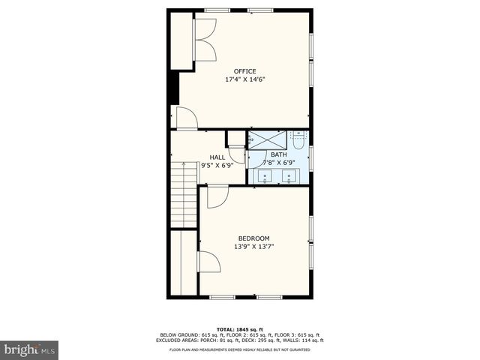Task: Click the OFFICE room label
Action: click(x=244, y=71)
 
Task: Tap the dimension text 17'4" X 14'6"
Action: click(x=244, y=79)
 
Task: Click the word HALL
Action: click(x=217, y=157)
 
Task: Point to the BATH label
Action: click(x=278, y=154)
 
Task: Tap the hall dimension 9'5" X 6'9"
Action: click(x=217, y=165)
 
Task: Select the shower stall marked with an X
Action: click(x=267, y=139)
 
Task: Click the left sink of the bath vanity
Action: click(x=266, y=176)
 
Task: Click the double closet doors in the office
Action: click(x=204, y=40)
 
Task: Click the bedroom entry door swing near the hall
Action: click(x=217, y=196)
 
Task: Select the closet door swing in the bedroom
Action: click(x=209, y=262)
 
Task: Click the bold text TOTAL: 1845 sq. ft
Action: click(x=239, y=329)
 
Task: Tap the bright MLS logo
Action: click(x=30, y=349)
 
